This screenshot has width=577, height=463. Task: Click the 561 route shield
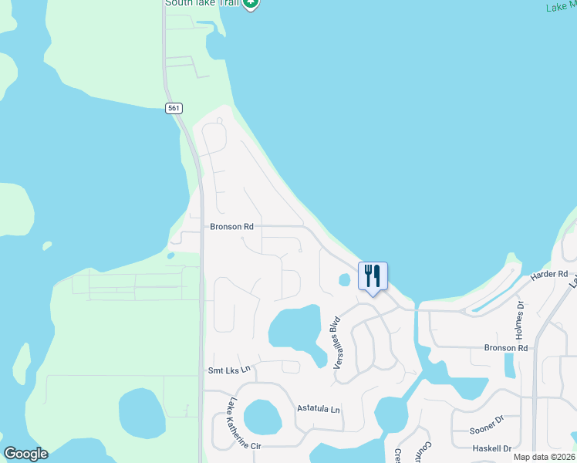pos(174,109)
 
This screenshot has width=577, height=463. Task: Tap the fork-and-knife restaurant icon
pos(373,276)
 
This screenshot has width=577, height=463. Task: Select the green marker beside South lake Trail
pos(250,3)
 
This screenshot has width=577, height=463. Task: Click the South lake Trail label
pos(201,3)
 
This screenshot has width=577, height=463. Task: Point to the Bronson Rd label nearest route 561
pos(231,227)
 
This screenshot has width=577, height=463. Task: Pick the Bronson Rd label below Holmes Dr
pos(506,348)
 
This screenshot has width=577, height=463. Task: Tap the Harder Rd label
pos(548,274)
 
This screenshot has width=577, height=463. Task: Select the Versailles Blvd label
pos(337,343)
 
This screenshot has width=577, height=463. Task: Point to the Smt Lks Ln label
pos(230,370)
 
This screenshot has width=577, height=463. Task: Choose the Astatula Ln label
pos(319,408)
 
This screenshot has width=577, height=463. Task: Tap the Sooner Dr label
pos(487,430)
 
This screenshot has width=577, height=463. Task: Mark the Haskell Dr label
pos(491,448)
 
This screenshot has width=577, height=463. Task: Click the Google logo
pos(25,454)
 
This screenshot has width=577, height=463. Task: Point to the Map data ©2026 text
pos(543,457)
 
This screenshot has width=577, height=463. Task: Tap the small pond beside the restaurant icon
pos(344,280)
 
